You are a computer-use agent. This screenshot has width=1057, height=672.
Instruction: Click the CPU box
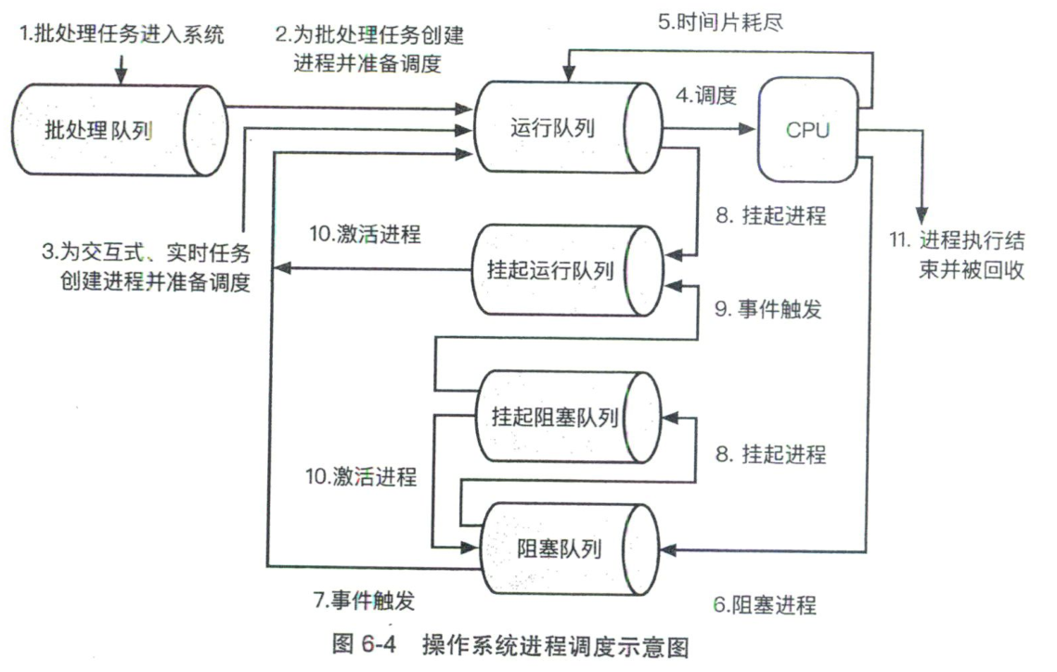807,130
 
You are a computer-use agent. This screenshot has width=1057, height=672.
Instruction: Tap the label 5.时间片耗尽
721,21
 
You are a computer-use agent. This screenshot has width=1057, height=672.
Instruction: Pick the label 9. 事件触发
767,310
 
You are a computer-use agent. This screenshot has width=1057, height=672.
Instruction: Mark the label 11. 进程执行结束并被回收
956,255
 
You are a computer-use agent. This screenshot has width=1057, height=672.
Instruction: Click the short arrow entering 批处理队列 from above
122,67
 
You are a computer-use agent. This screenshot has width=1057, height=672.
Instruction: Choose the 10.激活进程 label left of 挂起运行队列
365,235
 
